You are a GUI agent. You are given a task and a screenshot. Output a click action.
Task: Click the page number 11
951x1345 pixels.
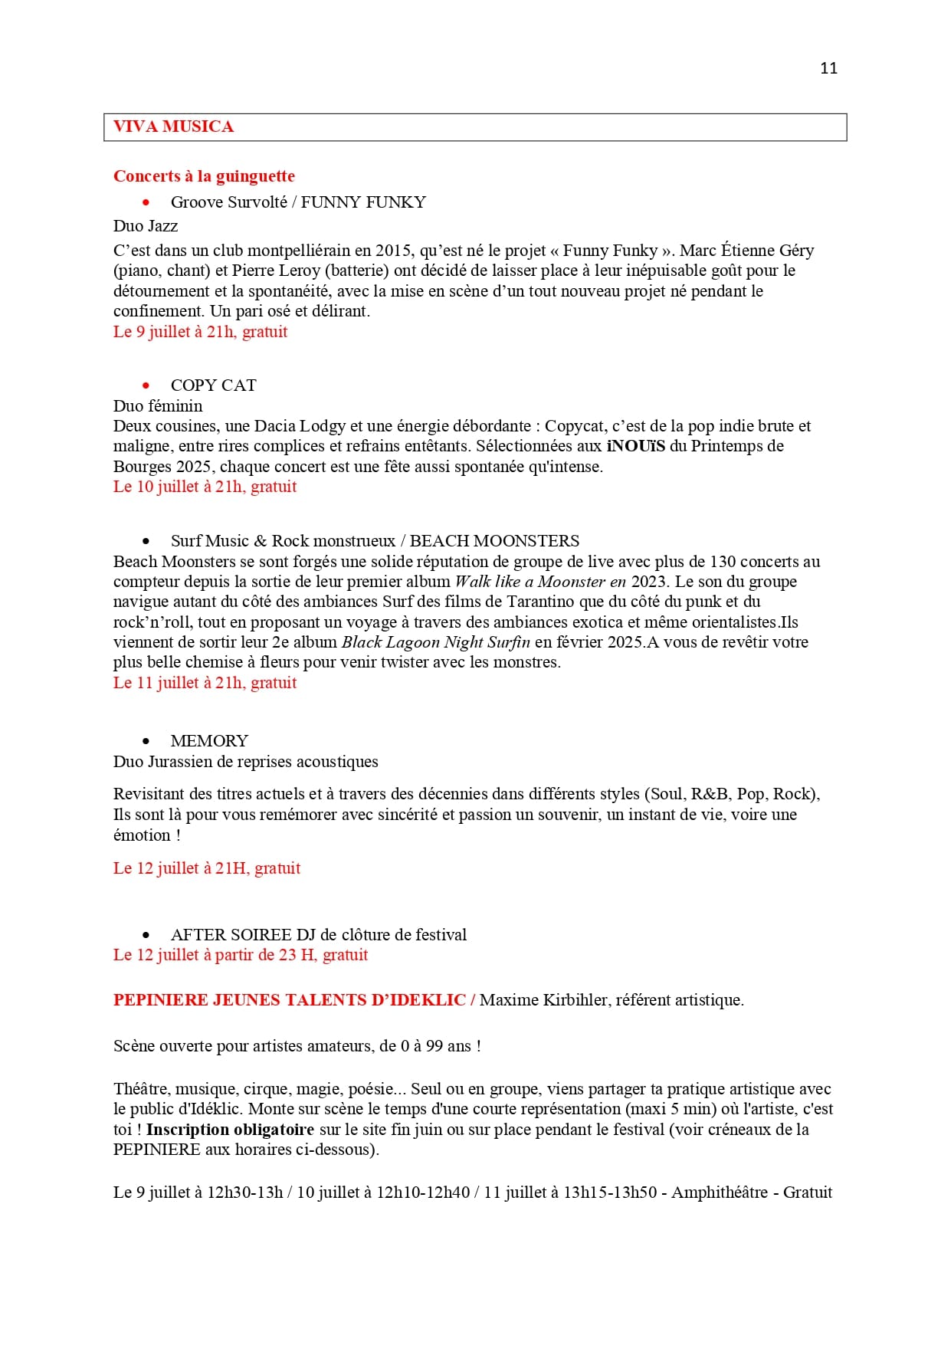[x=828, y=68]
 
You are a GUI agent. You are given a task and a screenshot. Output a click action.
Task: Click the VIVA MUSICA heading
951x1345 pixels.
[x=173, y=127]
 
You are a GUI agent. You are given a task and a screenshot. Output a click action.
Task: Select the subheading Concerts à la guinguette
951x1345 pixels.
[x=204, y=176]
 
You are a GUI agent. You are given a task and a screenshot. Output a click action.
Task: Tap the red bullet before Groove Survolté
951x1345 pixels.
[x=146, y=202]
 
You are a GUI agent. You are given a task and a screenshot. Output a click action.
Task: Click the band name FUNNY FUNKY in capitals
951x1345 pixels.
[x=363, y=202]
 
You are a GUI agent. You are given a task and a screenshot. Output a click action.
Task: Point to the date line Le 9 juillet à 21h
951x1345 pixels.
[x=200, y=332]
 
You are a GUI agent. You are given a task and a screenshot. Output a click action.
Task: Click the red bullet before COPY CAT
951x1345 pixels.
[x=146, y=385]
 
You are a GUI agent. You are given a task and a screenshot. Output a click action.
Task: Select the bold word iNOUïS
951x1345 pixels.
[x=635, y=446]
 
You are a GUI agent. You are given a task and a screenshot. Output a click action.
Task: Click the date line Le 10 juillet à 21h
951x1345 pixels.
[x=205, y=487]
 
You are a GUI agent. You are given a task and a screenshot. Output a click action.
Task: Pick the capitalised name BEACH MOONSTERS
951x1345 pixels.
[x=494, y=541]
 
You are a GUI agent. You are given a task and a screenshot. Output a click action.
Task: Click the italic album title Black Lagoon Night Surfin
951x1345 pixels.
[x=435, y=642]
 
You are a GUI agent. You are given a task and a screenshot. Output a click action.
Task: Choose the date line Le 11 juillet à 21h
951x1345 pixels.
[x=205, y=683]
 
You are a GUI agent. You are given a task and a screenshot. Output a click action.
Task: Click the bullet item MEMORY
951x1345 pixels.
[x=209, y=741]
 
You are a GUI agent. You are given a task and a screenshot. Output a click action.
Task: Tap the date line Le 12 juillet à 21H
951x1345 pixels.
[x=207, y=868]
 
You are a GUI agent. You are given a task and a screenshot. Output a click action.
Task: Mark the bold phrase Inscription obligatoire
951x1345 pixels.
[x=230, y=1130]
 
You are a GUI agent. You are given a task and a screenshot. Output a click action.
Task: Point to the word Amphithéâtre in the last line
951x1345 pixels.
[x=719, y=1192]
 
